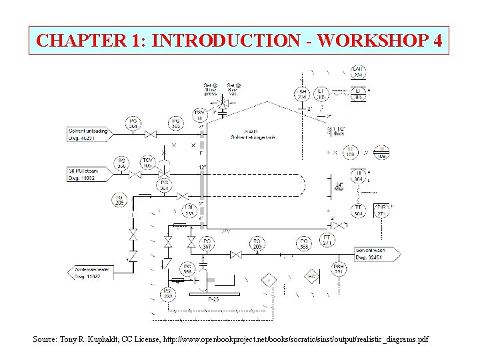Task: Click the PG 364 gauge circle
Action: click(134, 123)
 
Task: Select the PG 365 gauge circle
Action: click(176, 123)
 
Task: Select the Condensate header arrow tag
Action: click(89, 273)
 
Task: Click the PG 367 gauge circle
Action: click(207, 244)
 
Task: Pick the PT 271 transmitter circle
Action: click(327, 241)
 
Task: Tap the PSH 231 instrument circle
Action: click(338, 269)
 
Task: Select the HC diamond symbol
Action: click(311, 277)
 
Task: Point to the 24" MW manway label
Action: click(340, 187)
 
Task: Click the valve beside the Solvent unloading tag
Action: click(151, 134)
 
